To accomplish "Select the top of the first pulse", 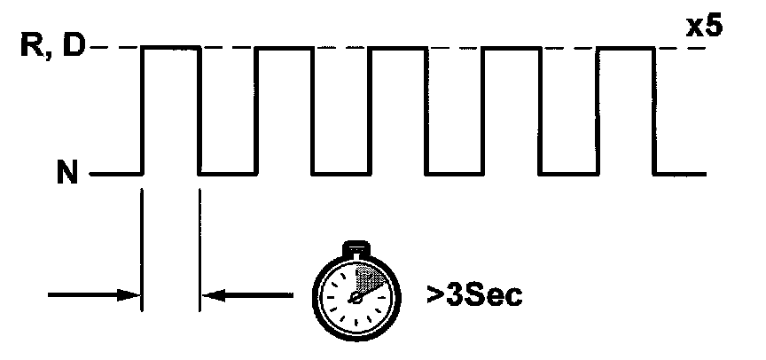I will (x=171, y=47).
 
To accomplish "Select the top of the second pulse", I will (x=285, y=47).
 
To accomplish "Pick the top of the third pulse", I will (x=398, y=47).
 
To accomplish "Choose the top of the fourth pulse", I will (x=512, y=47).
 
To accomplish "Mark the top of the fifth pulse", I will (x=625, y=47).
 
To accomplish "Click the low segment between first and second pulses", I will (x=228, y=173).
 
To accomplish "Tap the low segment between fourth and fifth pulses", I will (x=568, y=173).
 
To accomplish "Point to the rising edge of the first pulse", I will (x=143, y=110).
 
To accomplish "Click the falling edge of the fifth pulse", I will (x=654, y=110).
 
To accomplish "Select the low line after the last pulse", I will (x=681, y=173).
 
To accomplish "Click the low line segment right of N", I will (x=115, y=173).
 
